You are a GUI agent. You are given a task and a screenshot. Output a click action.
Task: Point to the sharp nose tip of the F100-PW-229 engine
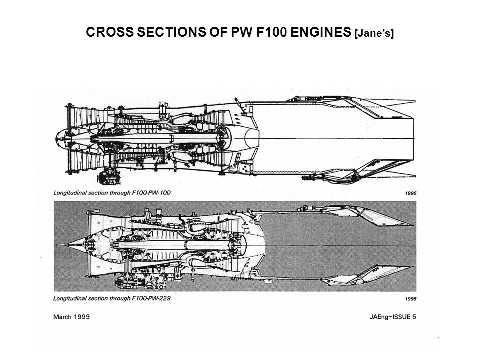tap(58, 245)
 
